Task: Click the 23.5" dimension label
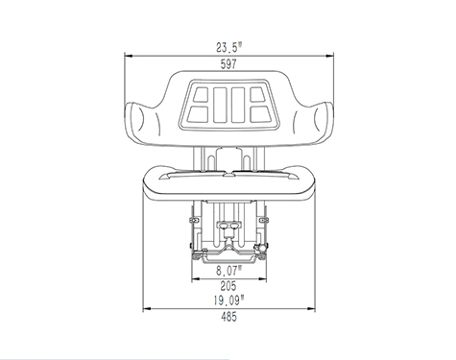[229, 48]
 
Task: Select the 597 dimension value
[228, 64]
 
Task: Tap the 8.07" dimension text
[228, 271]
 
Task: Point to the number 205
[228, 285]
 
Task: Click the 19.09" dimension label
[228, 300]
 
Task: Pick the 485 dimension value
[228, 317]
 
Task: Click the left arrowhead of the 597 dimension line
[129, 56]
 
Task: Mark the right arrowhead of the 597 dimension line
[329, 56]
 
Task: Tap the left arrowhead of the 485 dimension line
[147, 309]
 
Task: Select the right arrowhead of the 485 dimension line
[311, 309]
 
